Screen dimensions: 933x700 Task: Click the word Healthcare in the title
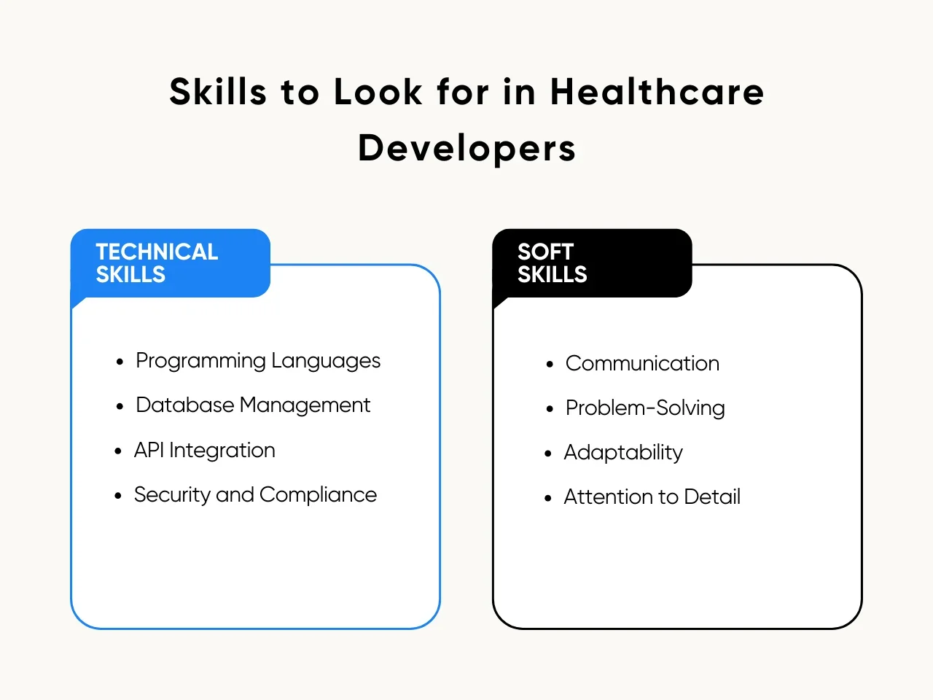point(657,92)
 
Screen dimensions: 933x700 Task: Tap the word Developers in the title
point(466,149)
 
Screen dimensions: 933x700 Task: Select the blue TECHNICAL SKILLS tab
point(171,263)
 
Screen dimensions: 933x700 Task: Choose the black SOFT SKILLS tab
point(592,263)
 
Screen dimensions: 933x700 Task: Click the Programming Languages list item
point(258,361)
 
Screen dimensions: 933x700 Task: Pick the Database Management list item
point(253,405)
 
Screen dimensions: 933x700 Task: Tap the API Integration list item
point(205,451)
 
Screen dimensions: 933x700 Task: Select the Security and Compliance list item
point(255,495)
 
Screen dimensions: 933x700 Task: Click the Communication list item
point(642,364)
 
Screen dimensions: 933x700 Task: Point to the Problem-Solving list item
point(645,408)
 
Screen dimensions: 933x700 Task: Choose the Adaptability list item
point(623,453)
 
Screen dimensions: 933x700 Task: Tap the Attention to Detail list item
point(652,497)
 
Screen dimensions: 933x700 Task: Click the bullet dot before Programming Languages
point(120,362)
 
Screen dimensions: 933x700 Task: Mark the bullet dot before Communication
point(550,365)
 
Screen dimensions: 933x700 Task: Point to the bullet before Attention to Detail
point(548,498)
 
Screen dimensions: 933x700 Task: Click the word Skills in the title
point(218,92)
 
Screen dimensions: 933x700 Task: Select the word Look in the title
point(378,92)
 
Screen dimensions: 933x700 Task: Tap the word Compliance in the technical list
point(318,495)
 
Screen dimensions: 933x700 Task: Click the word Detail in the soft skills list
point(712,497)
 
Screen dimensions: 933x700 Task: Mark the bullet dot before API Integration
point(118,451)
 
